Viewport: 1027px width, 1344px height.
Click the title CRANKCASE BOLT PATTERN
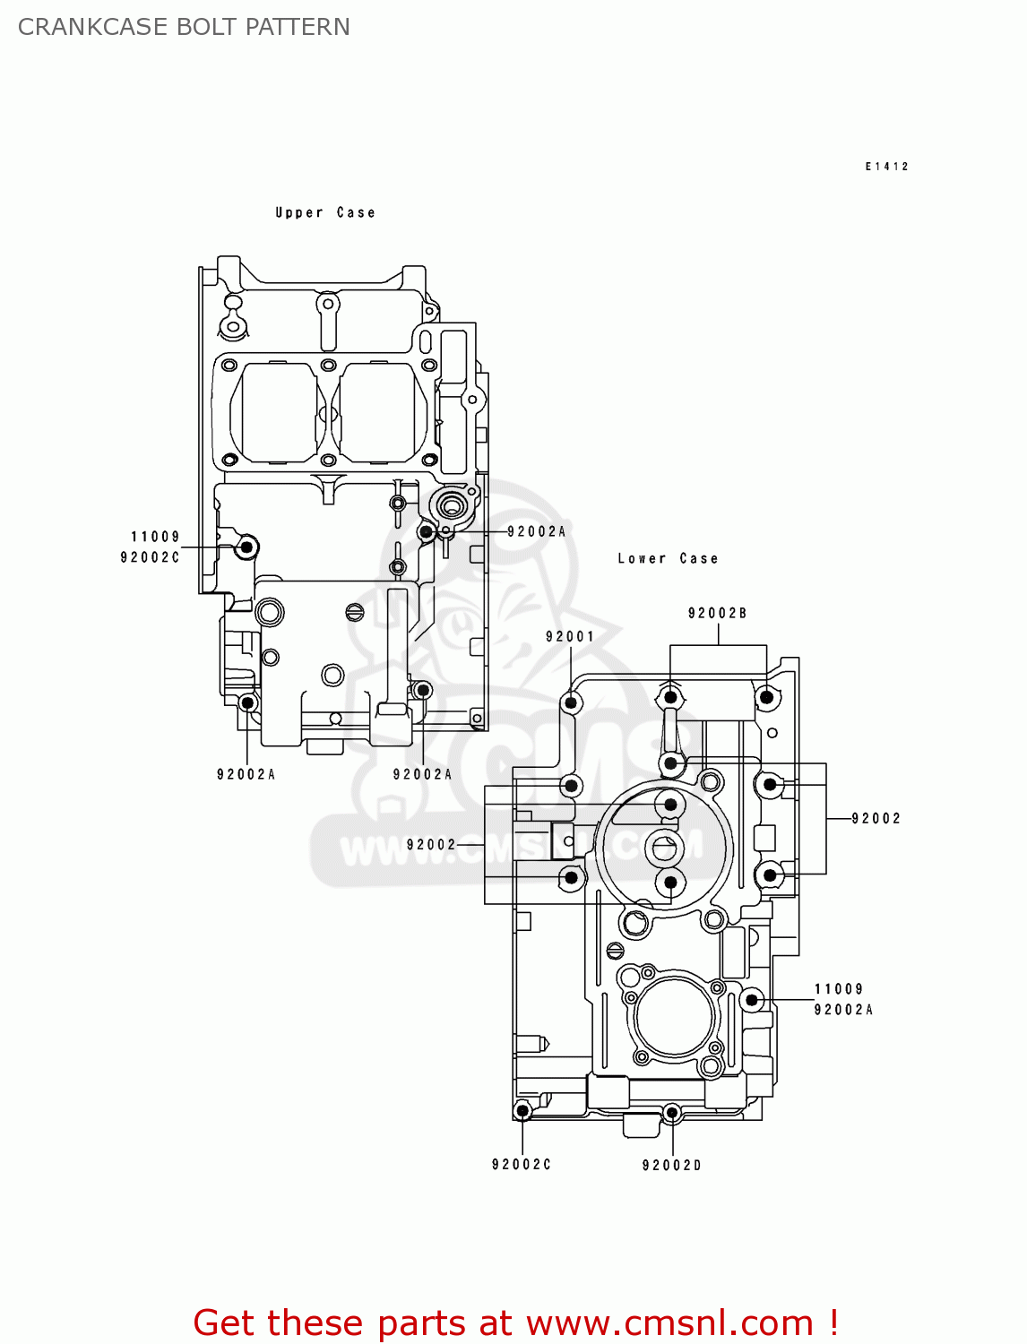pyautogui.click(x=184, y=27)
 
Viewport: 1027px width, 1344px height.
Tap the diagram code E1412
pyautogui.click(x=886, y=167)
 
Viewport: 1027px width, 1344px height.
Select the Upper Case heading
pyautogui.click(x=324, y=212)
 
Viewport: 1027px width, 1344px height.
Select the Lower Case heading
pyautogui.click(x=668, y=558)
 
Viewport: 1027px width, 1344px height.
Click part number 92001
pyautogui.click(x=570, y=636)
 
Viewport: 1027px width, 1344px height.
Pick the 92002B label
pyautogui.click(x=717, y=613)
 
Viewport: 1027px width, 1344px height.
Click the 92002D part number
pyautogui.click(x=671, y=1165)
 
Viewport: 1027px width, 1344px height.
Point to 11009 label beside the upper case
pyautogui.click(x=156, y=537)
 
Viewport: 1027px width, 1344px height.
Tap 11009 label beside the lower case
pyautogui.click(x=839, y=989)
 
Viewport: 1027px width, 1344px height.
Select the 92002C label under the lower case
pyautogui.click(x=522, y=1164)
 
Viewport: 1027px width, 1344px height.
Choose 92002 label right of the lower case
pyautogui.click(x=876, y=818)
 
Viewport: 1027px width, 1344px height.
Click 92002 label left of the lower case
pyautogui.click(x=431, y=844)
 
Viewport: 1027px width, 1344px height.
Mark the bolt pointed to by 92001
pyautogui.click(x=571, y=702)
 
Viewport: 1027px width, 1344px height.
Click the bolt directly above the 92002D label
pyautogui.click(x=671, y=1113)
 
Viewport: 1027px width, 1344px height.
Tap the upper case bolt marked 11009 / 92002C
pyautogui.click(x=246, y=547)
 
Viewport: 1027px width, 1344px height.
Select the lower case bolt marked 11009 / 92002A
pyautogui.click(x=753, y=999)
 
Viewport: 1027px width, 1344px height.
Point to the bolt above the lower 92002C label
pyautogui.click(x=522, y=1111)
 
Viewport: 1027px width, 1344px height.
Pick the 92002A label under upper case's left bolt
pyautogui.click(x=246, y=774)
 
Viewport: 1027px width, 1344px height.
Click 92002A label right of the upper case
pyautogui.click(x=536, y=531)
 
